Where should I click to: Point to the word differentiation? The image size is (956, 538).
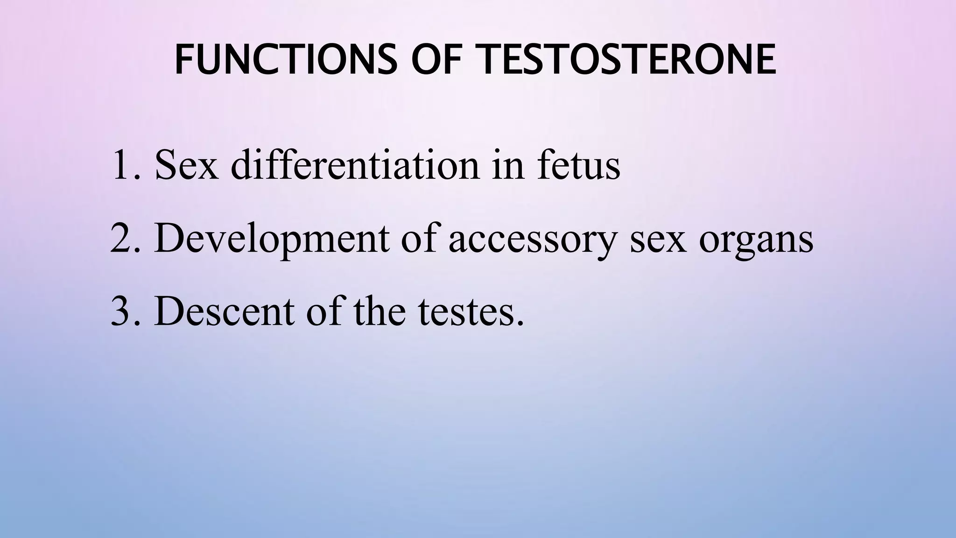point(355,165)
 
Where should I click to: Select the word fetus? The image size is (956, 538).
point(578,165)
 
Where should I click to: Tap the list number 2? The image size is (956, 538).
point(125,239)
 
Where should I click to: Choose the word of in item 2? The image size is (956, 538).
point(420,239)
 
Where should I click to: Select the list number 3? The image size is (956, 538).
point(125,311)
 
